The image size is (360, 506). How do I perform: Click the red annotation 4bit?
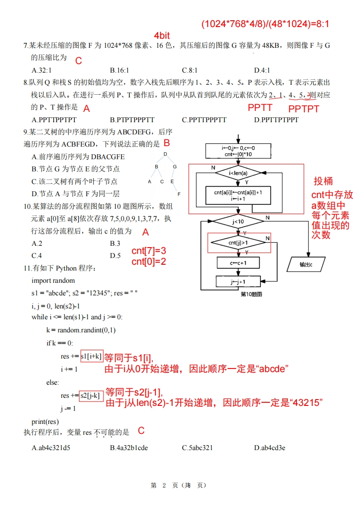pyautogui.click(x=162, y=36)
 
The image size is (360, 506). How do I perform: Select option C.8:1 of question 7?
pyautogui.click(x=190, y=70)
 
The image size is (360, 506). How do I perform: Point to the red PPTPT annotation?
pyautogui.click(x=304, y=109)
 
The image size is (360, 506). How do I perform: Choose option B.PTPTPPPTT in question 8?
pyautogui.click(x=132, y=120)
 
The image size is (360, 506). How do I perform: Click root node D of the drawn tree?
pyautogui.click(x=165, y=154)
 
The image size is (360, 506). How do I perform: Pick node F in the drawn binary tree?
pyautogui.click(x=179, y=194)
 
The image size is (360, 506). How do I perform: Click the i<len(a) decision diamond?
pyautogui.click(x=238, y=173)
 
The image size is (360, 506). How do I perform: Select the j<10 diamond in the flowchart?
pyautogui.click(x=238, y=221)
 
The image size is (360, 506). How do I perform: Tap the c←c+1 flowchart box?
pyautogui.click(x=238, y=262)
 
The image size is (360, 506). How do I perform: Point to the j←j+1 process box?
pyautogui.click(x=238, y=282)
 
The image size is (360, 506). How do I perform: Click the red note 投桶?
pyautogui.click(x=324, y=181)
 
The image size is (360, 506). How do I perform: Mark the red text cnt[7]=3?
pyautogui.click(x=149, y=251)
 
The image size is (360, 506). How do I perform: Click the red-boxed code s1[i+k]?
pyautogui.click(x=91, y=356)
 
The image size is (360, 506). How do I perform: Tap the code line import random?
pyautogui.click(x=53, y=281)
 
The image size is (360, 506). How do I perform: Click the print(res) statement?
pyautogui.click(x=45, y=421)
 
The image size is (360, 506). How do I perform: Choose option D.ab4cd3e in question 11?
pyautogui.click(x=269, y=447)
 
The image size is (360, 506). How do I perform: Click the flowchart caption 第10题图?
pyautogui.click(x=251, y=294)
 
